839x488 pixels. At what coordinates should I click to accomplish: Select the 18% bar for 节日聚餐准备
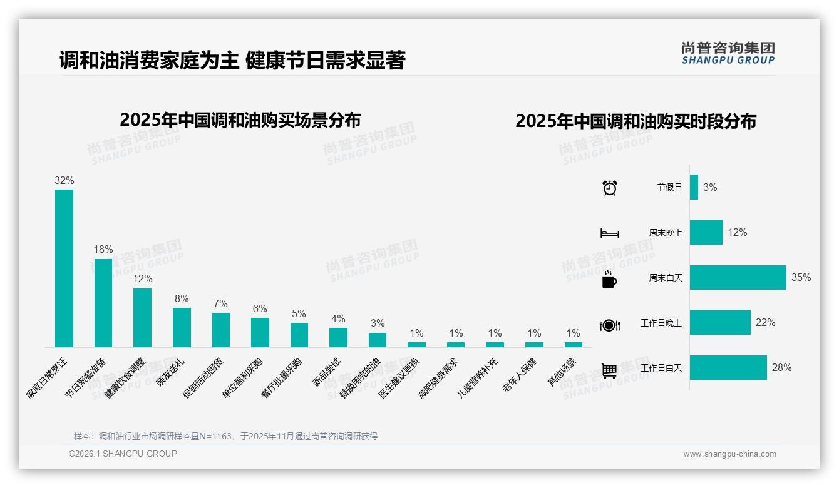pyautogui.click(x=103, y=303)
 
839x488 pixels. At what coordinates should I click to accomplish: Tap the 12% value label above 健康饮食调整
pyautogui.click(x=142, y=279)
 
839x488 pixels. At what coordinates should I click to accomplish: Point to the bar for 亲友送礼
pyautogui.click(x=182, y=327)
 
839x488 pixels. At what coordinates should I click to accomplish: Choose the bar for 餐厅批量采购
pyautogui.click(x=299, y=335)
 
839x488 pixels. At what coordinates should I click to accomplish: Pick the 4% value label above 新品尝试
pyautogui.click(x=338, y=319)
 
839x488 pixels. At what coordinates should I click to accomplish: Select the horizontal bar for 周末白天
pyautogui.click(x=738, y=277)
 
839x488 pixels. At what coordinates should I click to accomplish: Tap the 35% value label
pyautogui.click(x=801, y=277)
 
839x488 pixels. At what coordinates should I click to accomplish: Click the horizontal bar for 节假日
pyautogui.click(x=694, y=187)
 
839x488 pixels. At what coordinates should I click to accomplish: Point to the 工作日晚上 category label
pyautogui.click(x=661, y=323)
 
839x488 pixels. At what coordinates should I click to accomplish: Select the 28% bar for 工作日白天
pyautogui.click(x=728, y=367)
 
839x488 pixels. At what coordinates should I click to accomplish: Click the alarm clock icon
pyautogui.click(x=609, y=187)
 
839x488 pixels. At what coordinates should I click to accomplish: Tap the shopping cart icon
pyautogui.click(x=609, y=370)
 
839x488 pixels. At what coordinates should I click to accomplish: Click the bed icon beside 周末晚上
pyautogui.click(x=609, y=233)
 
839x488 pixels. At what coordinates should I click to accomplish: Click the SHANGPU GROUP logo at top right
pyautogui.click(x=728, y=53)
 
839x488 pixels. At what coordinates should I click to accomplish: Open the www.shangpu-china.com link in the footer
pyautogui.click(x=729, y=454)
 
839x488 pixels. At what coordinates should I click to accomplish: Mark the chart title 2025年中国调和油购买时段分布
pyautogui.click(x=636, y=121)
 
